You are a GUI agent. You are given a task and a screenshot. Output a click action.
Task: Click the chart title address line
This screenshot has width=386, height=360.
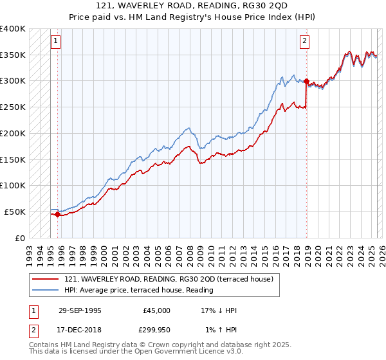pos(192,6)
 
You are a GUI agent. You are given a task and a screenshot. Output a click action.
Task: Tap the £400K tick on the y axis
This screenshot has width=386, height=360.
pos(13,29)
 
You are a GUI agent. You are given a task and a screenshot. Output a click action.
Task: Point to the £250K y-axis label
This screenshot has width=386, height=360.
pos(13,107)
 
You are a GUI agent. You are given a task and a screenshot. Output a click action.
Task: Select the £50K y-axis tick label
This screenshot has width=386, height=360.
pos(15,212)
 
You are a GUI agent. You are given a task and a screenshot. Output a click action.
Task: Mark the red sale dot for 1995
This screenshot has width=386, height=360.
pos(58,215)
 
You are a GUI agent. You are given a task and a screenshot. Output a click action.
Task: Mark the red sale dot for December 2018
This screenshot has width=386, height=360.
pos(306,82)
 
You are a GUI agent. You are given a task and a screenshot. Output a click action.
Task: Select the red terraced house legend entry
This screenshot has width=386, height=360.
pos(169,279)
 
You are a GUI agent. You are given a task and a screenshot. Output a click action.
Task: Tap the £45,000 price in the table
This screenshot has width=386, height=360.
pos(156,310)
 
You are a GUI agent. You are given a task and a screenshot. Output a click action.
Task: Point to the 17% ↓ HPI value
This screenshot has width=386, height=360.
pos(219,310)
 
